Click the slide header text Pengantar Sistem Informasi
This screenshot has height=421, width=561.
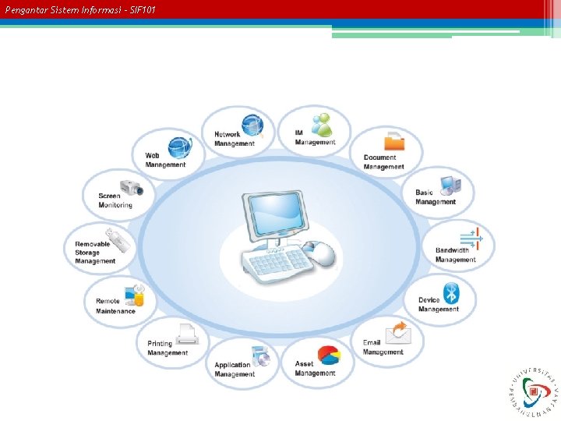[x=80, y=9]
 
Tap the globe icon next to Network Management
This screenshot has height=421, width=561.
[x=252, y=126]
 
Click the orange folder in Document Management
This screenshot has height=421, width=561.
[x=395, y=141]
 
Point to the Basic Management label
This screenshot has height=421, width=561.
[x=436, y=197]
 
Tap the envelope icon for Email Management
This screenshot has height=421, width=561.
[x=399, y=333]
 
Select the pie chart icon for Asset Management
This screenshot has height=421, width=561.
[x=330, y=355]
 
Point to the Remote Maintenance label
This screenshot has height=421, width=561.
[x=115, y=306]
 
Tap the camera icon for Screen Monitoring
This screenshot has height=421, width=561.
[x=132, y=187]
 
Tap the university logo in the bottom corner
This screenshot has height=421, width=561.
[x=535, y=388]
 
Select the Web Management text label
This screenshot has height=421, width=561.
[x=165, y=160]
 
